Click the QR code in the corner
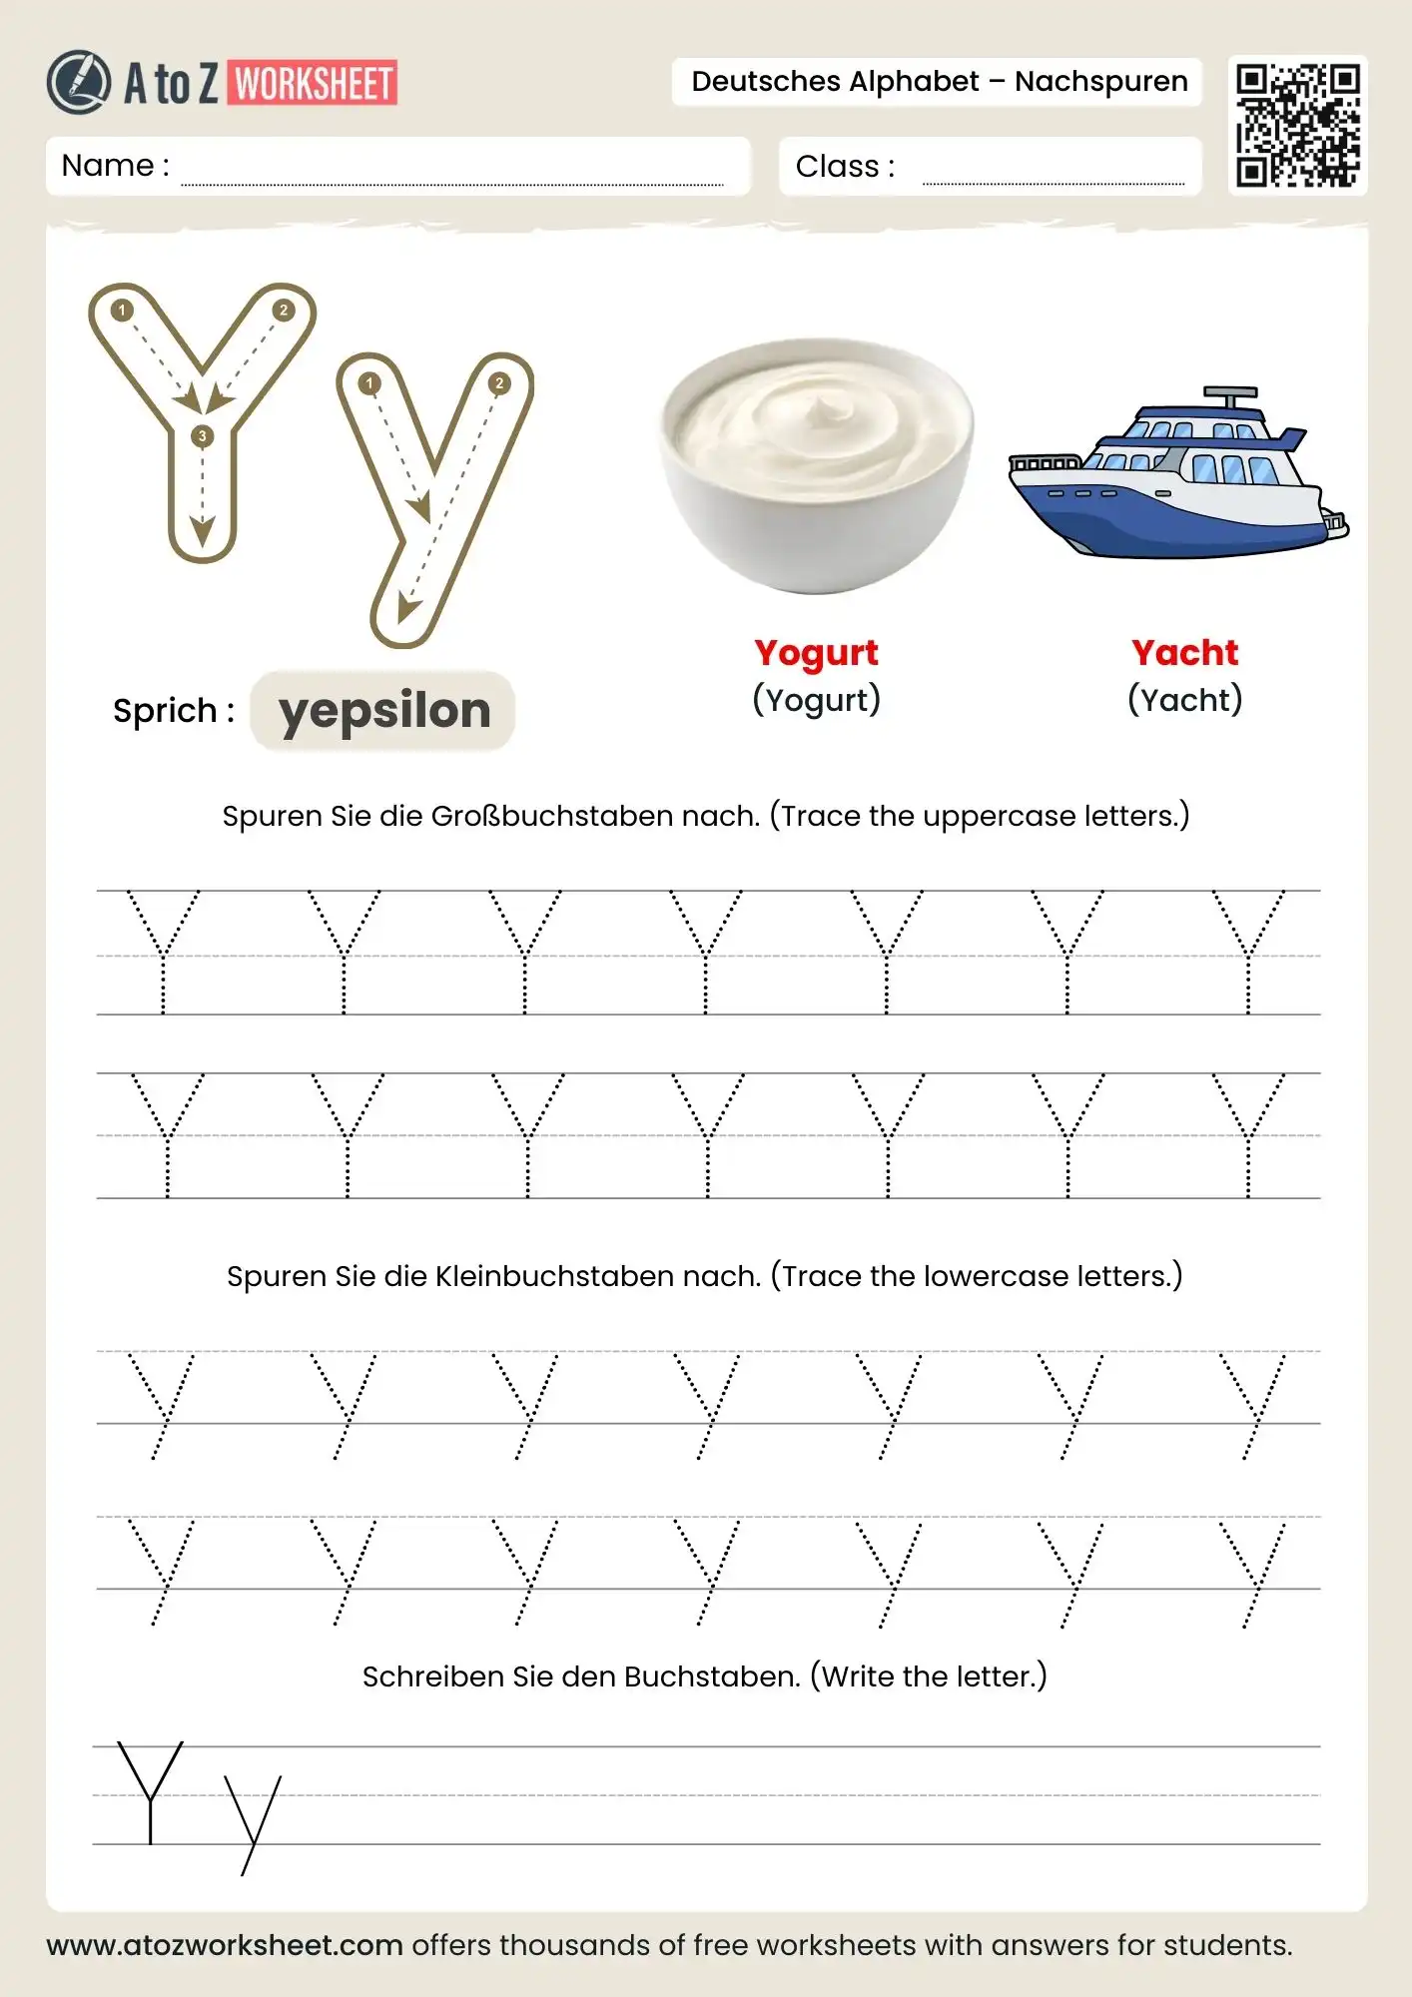pyautogui.click(x=1297, y=126)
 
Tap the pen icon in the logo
pyautogui.click(x=78, y=82)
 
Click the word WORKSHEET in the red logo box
pyautogui.click(x=314, y=84)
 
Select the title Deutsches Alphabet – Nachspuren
pyautogui.click(x=939, y=82)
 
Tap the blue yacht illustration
pyautogui.click(x=1178, y=474)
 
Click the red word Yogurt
pyautogui.click(x=816, y=653)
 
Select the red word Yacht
pyautogui.click(x=1184, y=653)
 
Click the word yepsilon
pyautogui.click(x=384, y=711)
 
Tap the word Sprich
pyautogui.click(x=165, y=711)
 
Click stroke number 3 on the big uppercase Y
pyautogui.click(x=203, y=436)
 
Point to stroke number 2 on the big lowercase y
pyautogui.click(x=499, y=383)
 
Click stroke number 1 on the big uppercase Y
pyautogui.click(x=122, y=311)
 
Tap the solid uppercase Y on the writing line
pyautogui.click(x=150, y=1792)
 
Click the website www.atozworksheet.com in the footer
pyautogui.click(x=225, y=1945)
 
